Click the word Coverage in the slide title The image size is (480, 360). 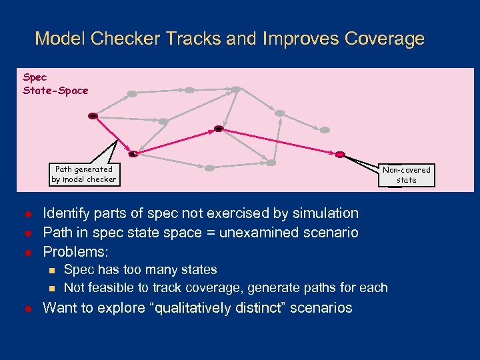[385, 39]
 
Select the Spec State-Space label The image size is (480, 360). [55, 84]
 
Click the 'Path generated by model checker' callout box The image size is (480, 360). [84, 174]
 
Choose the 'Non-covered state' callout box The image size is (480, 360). [406, 175]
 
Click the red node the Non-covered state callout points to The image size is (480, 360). [340, 154]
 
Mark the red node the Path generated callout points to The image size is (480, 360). [133, 153]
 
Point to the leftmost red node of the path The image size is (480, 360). [93, 116]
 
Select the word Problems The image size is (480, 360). [75, 252]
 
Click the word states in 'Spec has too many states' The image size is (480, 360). [198, 270]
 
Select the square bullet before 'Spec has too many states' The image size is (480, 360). [50, 271]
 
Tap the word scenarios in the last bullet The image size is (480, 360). [321, 307]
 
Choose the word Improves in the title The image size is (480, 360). [301, 39]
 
